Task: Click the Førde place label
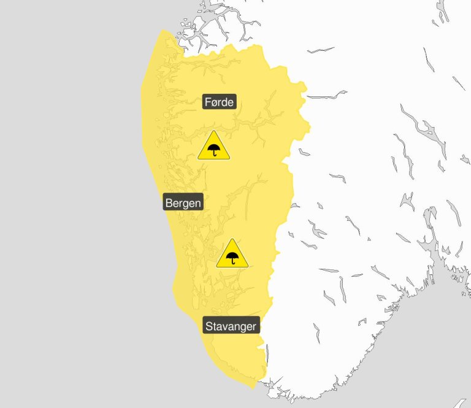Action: [219, 102]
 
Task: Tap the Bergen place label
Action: [183, 202]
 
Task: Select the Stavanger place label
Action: [231, 326]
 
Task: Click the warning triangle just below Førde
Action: [213, 147]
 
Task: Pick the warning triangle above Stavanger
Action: [232, 255]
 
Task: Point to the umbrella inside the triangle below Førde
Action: [213, 149]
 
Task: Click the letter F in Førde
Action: [207, 102]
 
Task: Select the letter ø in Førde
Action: [213, 102]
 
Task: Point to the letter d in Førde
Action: [224, 102]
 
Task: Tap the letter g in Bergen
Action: [186, 204]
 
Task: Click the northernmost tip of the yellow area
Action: [163, 29]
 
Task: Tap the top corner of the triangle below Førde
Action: [213, 131]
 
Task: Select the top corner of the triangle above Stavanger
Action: [232, 239]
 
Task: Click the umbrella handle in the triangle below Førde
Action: [215, 153]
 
